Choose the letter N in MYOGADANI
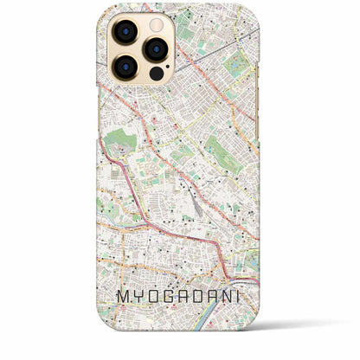point(231,297)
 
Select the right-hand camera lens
point(156,49)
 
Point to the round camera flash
point(156,23)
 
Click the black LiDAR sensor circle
point(156,74)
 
